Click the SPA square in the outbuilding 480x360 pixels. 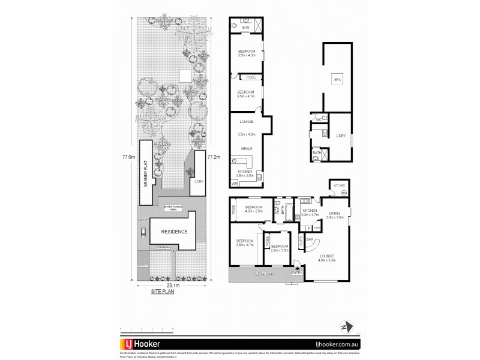[x=337, y=79]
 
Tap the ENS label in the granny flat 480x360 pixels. [x=245, y=28]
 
